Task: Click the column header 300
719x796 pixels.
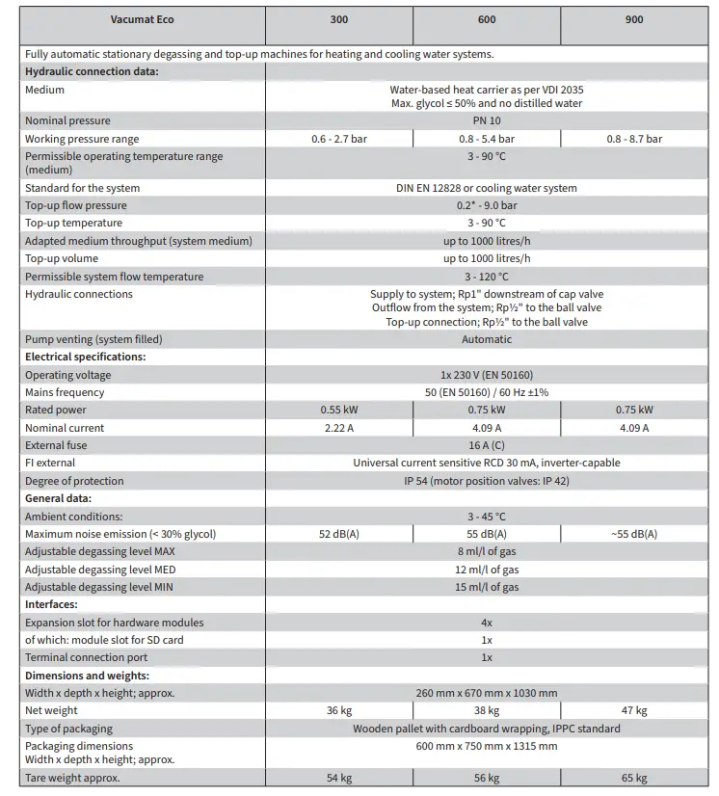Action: (338, 19)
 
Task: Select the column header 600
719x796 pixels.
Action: (487, 19)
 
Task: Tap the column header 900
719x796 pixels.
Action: (634, 19)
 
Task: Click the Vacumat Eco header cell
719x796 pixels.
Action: (143, 19)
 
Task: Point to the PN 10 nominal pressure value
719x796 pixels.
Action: (487, 121)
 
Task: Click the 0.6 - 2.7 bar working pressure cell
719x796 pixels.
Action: (338, 139)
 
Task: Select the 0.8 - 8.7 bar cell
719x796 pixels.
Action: (634, 139)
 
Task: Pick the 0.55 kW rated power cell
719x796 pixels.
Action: (338, 411)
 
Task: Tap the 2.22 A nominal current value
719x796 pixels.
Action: (338, 428)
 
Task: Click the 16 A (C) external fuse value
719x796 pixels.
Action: (487, 445)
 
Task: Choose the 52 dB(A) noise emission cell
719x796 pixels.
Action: (338, 534)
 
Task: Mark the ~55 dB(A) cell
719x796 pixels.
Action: (634, 534)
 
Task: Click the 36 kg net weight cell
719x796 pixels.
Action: (338, 711)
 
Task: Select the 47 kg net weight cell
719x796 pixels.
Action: (634, 711)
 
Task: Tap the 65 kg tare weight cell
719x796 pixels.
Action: (634, 779)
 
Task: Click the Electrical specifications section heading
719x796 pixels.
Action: (85, 357)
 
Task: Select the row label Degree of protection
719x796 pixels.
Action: (74, 481)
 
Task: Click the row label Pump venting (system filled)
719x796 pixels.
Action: (93, 339)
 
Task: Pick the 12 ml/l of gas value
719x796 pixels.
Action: (487, 570)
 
